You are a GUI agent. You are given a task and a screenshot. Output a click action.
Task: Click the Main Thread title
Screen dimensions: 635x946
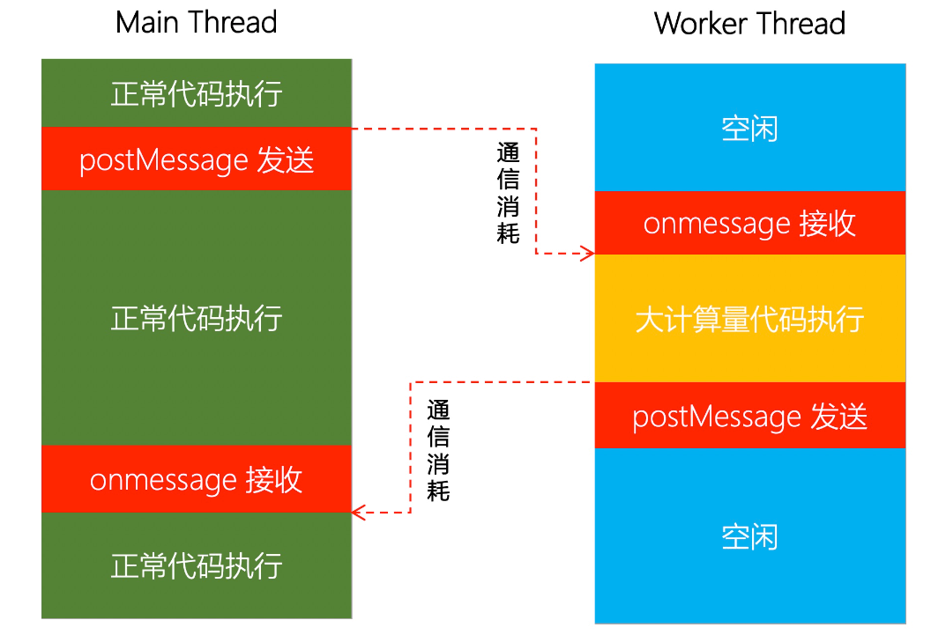pyautogui.click(x=196, y=23)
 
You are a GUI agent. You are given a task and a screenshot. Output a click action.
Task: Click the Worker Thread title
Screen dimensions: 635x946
pyautogui.click(x=749, y=23)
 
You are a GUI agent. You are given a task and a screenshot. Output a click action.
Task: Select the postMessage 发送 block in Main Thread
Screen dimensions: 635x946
pyautogui.click(x=197, y=159)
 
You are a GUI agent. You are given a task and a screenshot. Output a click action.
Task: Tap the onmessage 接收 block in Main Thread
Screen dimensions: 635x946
pyautogui.click(x=197, y=479)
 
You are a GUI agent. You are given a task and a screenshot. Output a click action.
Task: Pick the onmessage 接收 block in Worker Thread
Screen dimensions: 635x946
pyautogui.click(x=750, y=223)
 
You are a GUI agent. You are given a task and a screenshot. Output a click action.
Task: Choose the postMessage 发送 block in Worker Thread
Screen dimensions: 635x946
pyautogui.click(x=750, y=416)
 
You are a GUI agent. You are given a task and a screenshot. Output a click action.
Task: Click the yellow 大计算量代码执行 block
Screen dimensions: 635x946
pyautogui.click(x=750, y=319)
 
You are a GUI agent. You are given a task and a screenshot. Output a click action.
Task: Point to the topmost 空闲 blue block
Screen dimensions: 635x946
pyautogui.click(x=750, y=129)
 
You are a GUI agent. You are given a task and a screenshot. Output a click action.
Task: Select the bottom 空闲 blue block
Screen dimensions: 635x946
pyautogui.click(x=750, y=535)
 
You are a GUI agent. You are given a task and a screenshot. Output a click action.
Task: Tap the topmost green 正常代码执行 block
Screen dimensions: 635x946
pyautogui.click(x=197, y=93)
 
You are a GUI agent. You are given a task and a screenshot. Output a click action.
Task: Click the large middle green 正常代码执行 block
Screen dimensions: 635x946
pyautogui.click(x=197, y=317)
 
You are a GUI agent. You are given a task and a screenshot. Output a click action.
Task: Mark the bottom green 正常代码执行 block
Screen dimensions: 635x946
pyautogui.click(x=197, y=565)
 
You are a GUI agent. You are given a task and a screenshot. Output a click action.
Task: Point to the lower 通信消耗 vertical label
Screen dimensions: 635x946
pyautogui.click(x=438, y=451)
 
